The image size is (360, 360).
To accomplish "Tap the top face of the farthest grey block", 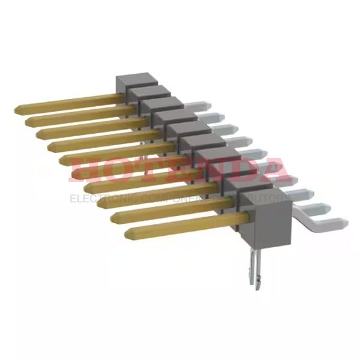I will [x=131, y=80].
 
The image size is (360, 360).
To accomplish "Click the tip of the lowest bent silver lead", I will [x=342, y=224].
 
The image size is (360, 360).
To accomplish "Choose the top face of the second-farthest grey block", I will [x=147, y=92].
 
